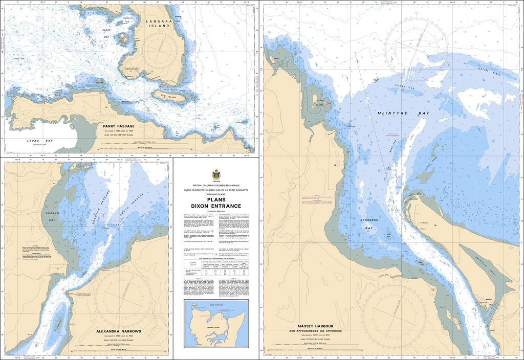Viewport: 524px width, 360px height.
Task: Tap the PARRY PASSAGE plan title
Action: pos(118,125)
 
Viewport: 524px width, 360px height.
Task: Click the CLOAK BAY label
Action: pos(106,34)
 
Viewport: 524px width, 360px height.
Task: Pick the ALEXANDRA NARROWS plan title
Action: pos(118,331)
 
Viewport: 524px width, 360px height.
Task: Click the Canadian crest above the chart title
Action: pos(216,174)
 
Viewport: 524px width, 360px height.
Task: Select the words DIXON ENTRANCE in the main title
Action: pos(216,206)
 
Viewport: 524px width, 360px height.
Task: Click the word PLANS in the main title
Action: pos(216,199)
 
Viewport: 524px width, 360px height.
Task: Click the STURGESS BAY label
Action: pos(368,223)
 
